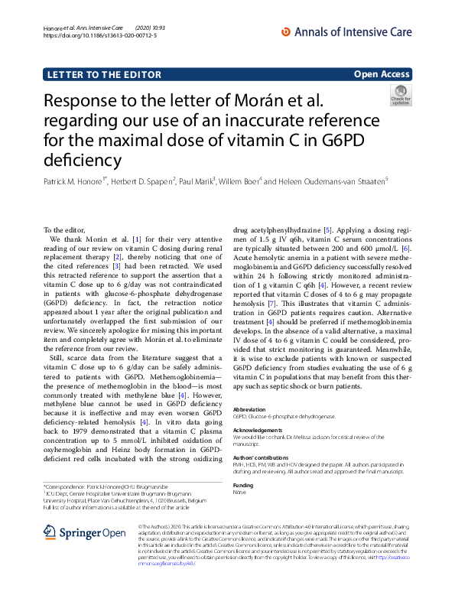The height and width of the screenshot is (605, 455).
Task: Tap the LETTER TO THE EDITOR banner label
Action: pyautogui.click(x=103, y=74)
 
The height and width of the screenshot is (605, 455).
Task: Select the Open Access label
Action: pyautogui.click(x=382, y=74)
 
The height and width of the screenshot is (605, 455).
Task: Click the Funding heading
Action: pyautogui.click(x=242, y=485)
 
